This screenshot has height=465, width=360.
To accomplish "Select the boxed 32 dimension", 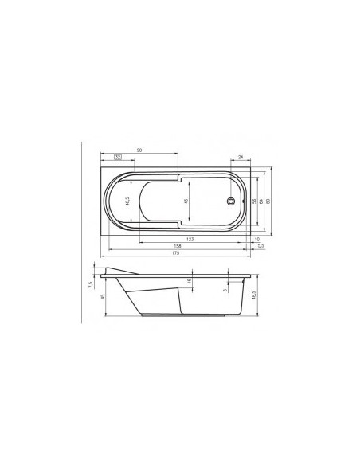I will (118, 157).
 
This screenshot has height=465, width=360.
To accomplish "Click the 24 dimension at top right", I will (240, 157).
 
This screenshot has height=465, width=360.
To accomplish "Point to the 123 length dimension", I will (190, 239).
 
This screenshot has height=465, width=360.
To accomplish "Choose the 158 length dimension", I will (177, 247).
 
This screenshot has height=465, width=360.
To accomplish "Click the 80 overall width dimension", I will (268, 201).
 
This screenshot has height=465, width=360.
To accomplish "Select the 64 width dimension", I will (261, 201).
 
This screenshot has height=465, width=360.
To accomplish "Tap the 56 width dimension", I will (254, 201).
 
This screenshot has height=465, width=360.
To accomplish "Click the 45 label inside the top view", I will (186, 201).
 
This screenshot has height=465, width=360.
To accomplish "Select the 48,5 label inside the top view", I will (128, 201).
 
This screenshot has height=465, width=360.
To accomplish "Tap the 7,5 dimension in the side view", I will (92, 282).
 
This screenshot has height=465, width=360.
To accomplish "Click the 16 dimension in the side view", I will (189, 281).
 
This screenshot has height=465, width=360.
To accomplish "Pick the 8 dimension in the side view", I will (225, 289).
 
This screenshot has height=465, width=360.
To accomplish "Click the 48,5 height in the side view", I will (252, 296).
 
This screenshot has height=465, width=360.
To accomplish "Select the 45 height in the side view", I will (104, 298).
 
